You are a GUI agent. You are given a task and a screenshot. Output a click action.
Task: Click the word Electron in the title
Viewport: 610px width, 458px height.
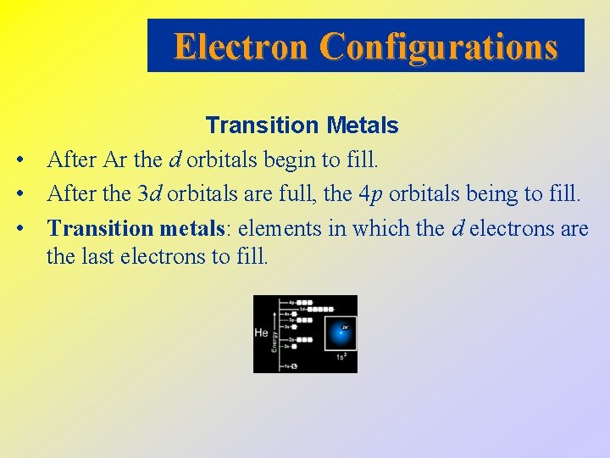point(240,46)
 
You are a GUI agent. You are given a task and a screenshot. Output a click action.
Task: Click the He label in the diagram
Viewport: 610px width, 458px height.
point(261,333)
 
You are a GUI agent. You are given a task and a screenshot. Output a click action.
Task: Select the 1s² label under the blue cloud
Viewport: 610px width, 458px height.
point(341,357)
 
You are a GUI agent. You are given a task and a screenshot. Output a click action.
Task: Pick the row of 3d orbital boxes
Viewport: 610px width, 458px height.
point(320,310)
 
